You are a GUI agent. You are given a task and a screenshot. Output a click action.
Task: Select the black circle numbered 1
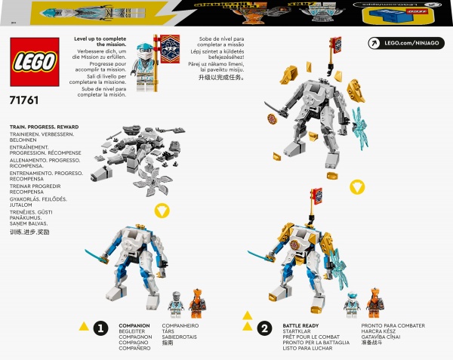pyautogui.click(x=100, y=328)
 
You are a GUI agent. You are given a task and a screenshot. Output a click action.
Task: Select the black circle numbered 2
pyautogui.click(x=264, y=328)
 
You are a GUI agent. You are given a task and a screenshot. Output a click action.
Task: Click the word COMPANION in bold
pyautogui.click(x=134, y=325)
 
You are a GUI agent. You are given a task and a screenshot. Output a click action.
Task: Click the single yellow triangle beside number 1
pyautogui.click(x=83, y=327)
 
